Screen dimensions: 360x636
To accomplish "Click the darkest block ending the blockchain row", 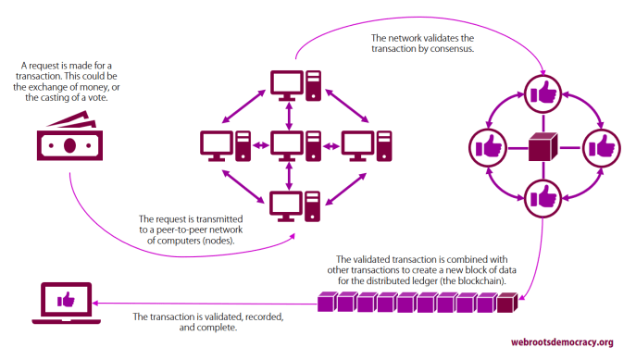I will click(505, 303).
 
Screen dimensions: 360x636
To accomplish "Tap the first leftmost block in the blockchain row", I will click(325, 303).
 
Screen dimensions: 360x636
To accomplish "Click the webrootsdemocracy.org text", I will click(563, 341).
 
